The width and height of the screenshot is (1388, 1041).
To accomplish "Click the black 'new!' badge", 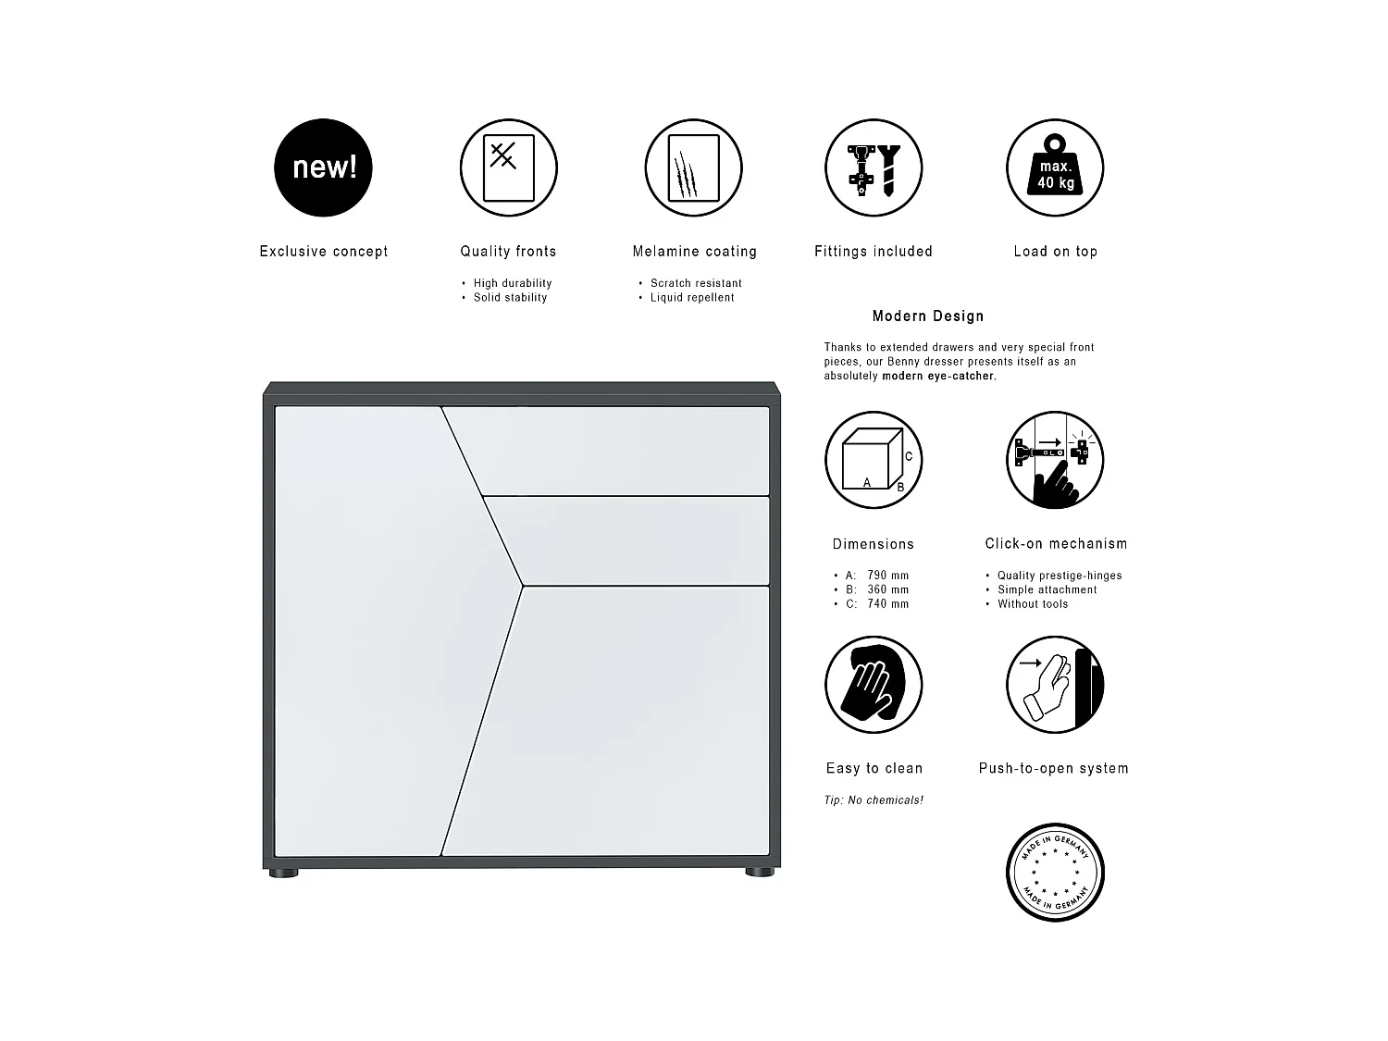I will [x=323, y=167].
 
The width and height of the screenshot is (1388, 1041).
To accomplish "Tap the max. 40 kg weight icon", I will [x=1055, y=167].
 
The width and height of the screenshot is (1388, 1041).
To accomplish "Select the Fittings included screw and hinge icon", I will [x=874, y=167].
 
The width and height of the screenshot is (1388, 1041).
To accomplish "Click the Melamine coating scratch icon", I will [x=694, y=167].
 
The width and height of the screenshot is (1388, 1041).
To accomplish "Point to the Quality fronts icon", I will [x=508, y=167].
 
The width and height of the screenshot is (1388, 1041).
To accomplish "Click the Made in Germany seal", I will [x=1055, y=872].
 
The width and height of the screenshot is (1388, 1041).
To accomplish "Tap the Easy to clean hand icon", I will [x=874, y=685].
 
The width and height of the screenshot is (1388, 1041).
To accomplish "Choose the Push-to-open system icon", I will [x=1055, y=685].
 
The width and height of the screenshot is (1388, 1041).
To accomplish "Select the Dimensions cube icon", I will [x=874, y=460].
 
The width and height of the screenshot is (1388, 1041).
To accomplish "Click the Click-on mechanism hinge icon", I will [x=1055, y=460].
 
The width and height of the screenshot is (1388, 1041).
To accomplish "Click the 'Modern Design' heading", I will [x=928, y=316].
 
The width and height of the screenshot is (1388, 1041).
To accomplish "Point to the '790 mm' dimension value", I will [x=888, y=576].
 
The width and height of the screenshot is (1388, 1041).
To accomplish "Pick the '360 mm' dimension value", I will [x=888, y=589].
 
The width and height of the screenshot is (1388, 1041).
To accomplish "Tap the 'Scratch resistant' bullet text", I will [x=696, y=283].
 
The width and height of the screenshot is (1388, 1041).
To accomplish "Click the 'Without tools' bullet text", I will [x=1033, y=604].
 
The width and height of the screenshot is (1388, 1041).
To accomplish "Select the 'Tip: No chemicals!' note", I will [x=874, y=800].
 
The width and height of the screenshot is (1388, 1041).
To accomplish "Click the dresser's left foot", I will [x=284, y=872].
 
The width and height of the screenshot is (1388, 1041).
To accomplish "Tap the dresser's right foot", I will [x=760, y=872].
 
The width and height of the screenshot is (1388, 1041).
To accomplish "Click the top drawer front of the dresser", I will [x=620, y=450].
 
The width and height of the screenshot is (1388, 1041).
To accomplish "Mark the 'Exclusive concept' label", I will [x=324, y=252].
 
